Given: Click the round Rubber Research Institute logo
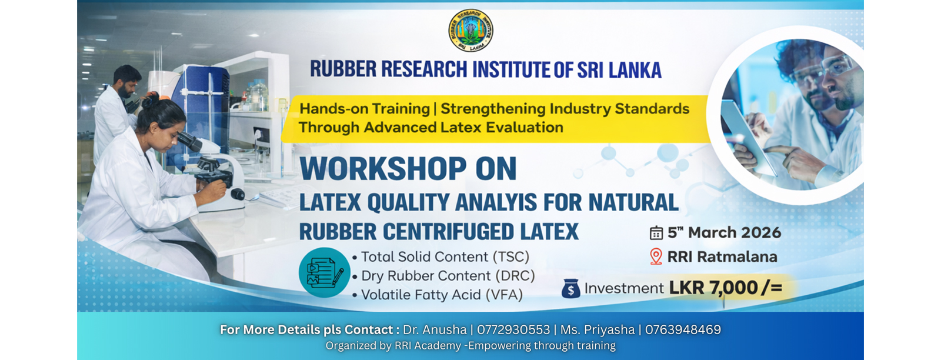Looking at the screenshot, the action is point(470,31).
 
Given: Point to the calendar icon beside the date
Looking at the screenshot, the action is point(656,233).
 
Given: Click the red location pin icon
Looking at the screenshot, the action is point(656,256).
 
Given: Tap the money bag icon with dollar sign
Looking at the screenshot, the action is point(571,289).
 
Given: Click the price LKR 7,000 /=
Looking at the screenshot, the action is point(726,288).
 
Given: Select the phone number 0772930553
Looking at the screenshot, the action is point(513,330).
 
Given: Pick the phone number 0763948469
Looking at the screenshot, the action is point(683,330).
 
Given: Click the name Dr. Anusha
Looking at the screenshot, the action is point(435,330).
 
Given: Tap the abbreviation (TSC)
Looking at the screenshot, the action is point(511,256).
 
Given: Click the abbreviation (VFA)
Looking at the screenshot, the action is point(504,295).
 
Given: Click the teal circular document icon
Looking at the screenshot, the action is point(324,272).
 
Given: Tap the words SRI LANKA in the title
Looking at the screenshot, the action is point(619,70).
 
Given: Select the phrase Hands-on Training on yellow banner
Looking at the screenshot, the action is point(365,109).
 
